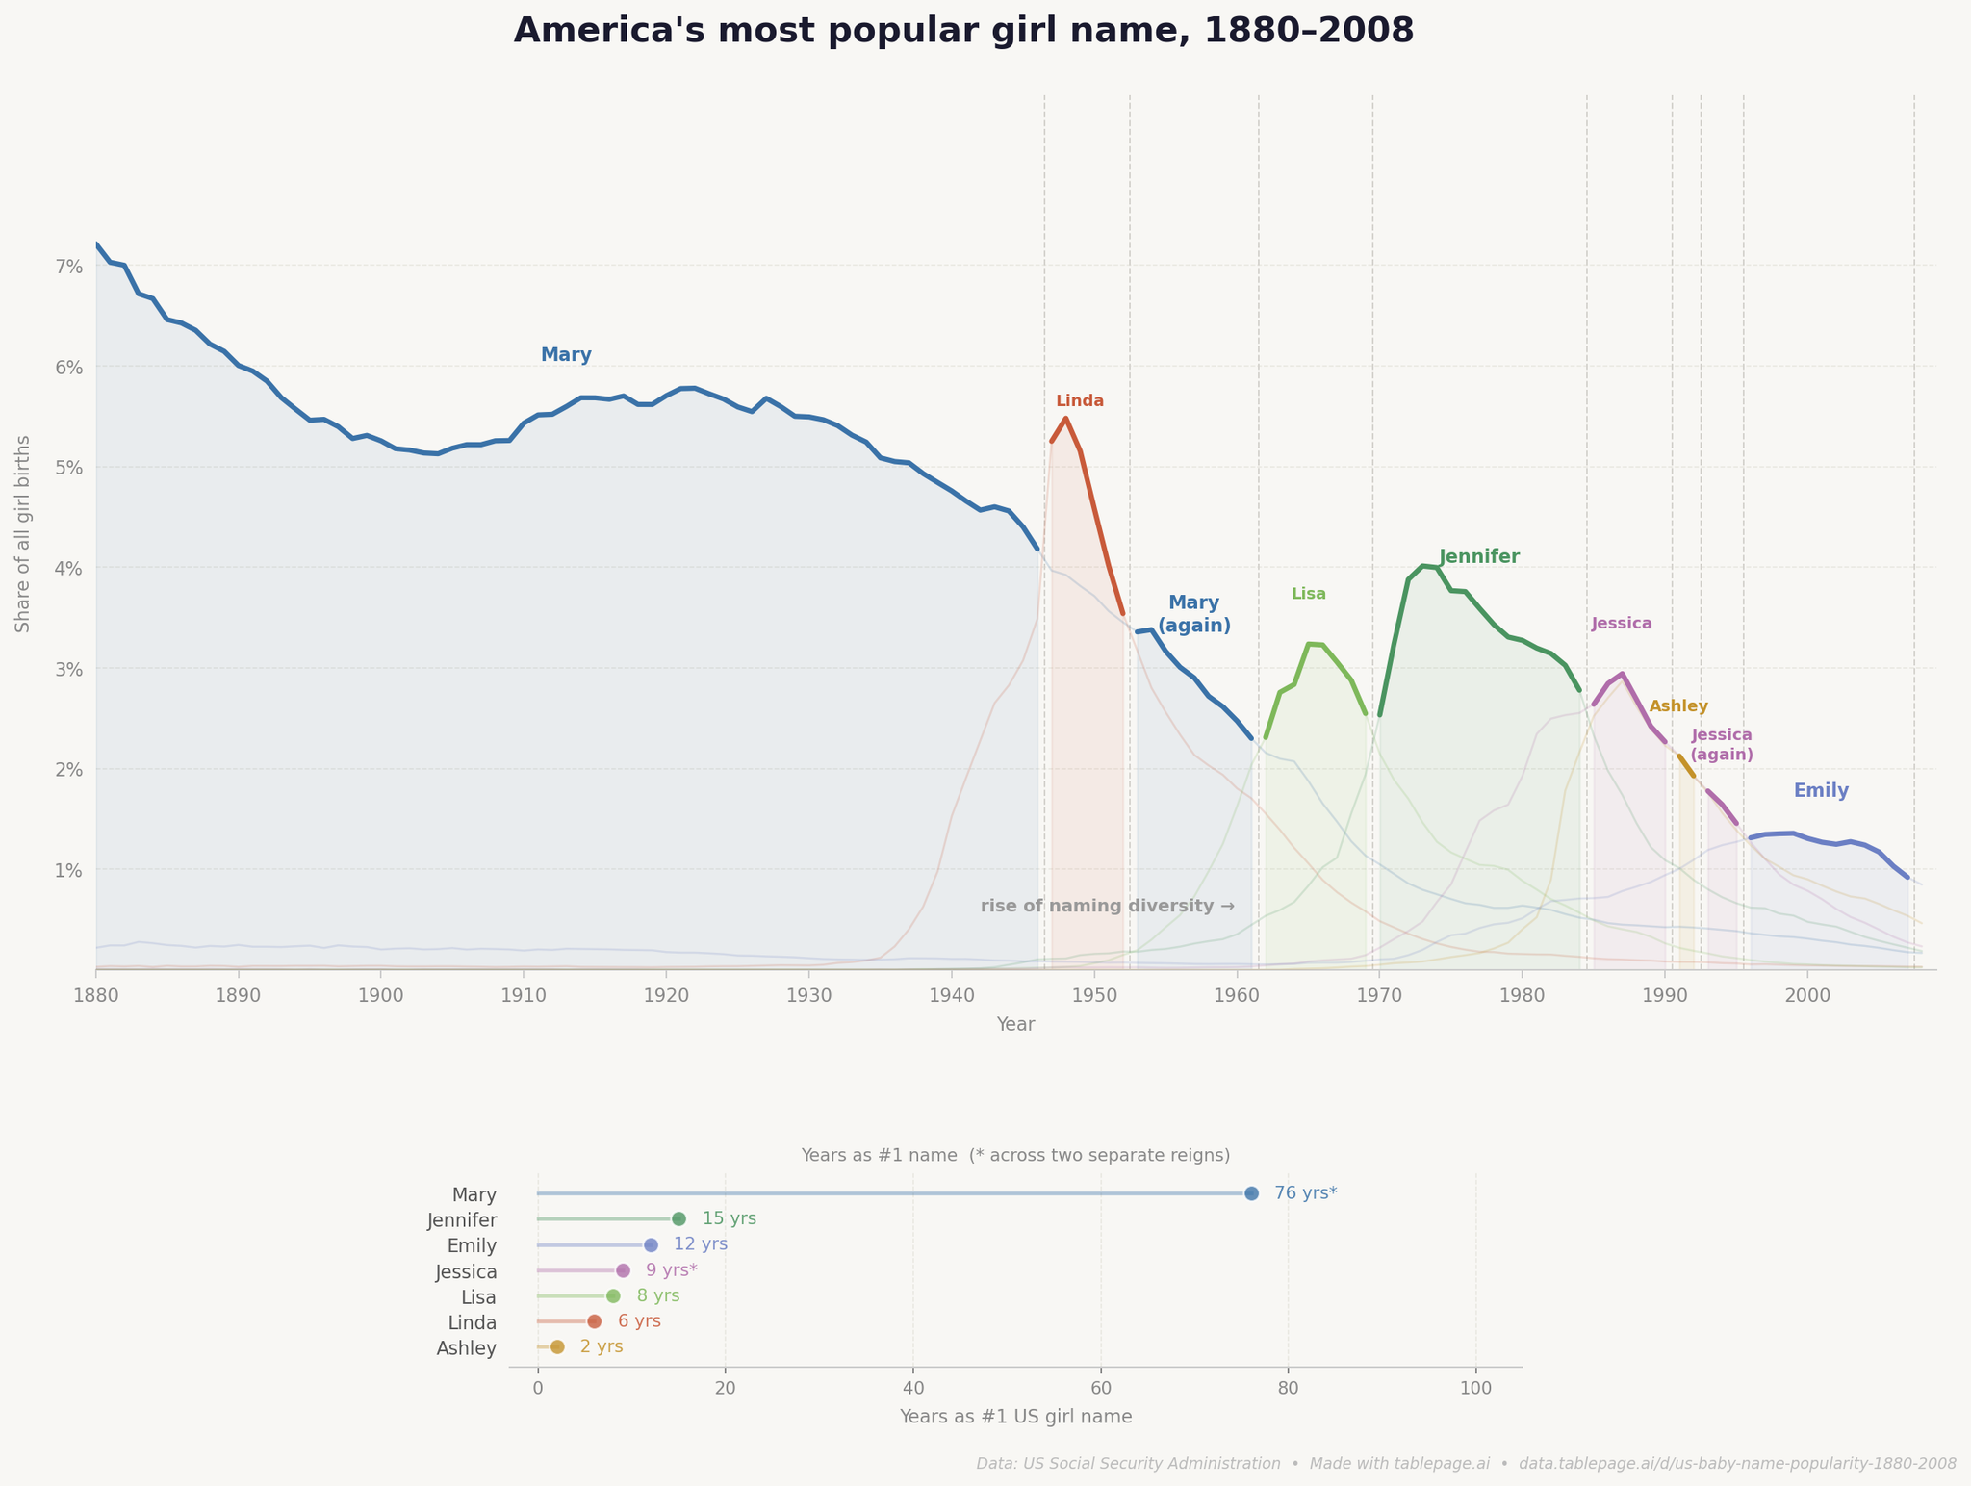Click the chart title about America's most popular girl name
tap(963, 31)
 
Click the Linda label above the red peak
tap(1080, 401)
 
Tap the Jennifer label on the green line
tap(1479, 557)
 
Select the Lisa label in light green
tap(1308, 594)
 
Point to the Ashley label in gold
tap(1678, 706)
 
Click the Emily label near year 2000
tap(1821, 791)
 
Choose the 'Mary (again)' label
tap(1193, 614)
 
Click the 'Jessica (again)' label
tap(1722, 745)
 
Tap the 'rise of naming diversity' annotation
tap(1107, 907)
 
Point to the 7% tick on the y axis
tap(69, 267)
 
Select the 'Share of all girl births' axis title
tap(23, 533)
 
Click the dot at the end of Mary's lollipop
tap(1251, 1193)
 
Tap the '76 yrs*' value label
tap(1305, 1193)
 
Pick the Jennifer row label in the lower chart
tap(462, 1220)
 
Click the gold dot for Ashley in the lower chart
tap(557, 1346)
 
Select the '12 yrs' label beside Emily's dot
tap(700, 1244)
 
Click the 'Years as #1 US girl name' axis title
tap(1015, 1417)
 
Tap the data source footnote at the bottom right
tap(1466, 1464)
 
